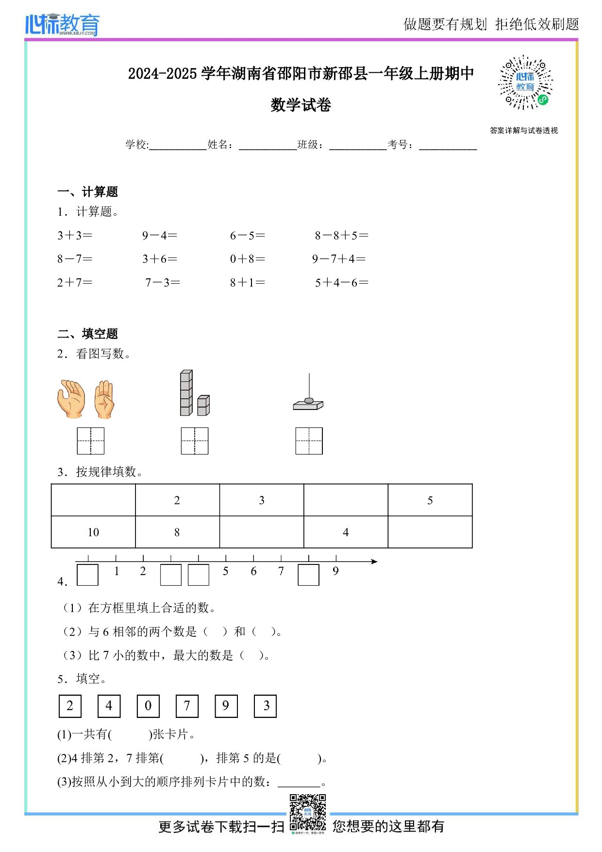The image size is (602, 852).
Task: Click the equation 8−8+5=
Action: [341, 236]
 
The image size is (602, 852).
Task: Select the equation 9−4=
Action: [160, 236]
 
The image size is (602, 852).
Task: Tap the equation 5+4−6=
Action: [341, 283]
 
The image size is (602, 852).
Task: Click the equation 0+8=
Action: [248, 259]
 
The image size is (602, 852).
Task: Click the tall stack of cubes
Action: [186, 393]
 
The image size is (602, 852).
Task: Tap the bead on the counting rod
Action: [309, 401]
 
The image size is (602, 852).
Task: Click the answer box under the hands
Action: [91, 441]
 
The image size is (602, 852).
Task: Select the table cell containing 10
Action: [93, 532]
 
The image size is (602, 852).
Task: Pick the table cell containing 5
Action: [430, 500]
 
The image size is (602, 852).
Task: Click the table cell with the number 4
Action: [346, 532]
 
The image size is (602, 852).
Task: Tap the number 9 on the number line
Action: [335, 571]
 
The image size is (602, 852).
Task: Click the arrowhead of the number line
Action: [374, 562]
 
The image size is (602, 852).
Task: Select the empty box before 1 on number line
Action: [88, 575]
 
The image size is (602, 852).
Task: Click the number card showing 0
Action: [148, 706]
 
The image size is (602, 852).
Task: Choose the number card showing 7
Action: [187, 706]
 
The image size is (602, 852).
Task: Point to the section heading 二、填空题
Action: [88, 334]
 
